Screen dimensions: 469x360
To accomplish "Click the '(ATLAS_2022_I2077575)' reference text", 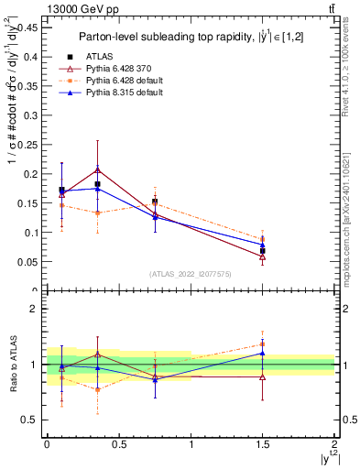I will (x=190, y=274).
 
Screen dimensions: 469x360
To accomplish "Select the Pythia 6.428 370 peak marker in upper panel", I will (x=97, y=169).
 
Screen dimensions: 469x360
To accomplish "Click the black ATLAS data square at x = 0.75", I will (x=155, y=202).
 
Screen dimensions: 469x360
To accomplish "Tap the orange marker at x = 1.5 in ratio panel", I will (x=263, y=344).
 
